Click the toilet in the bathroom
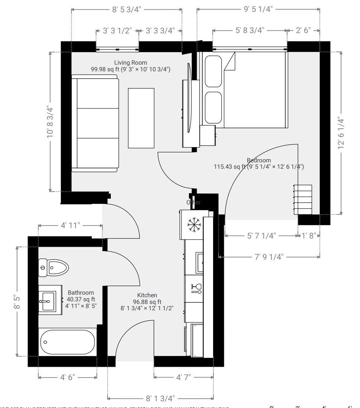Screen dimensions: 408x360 (54, 267)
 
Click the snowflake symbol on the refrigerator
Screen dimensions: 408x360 (194, 224)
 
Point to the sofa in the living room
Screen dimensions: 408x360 (95, 123)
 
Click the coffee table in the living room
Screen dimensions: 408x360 (141, 118)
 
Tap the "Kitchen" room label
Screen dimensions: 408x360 (147, 295)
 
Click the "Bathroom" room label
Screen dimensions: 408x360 (81, 292)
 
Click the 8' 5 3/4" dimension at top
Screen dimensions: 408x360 (126, 10)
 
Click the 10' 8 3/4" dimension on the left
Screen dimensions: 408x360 (50, 122)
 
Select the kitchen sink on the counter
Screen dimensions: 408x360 (200, 262)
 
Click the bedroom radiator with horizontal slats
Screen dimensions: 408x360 (303, 200)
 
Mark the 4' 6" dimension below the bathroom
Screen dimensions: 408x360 (68, 377)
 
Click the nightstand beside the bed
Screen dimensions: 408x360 (208, 135)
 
